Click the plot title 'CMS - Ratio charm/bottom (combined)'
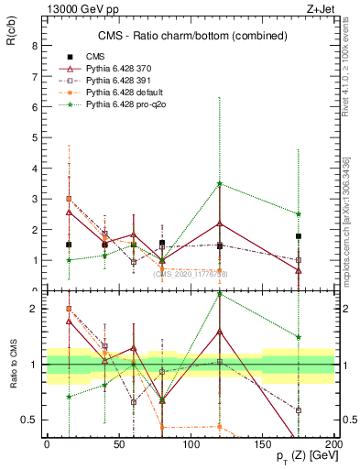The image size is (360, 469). (190, 36)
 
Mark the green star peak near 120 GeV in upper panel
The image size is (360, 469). (220, 184)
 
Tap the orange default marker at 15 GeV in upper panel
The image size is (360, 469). (69, 199)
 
